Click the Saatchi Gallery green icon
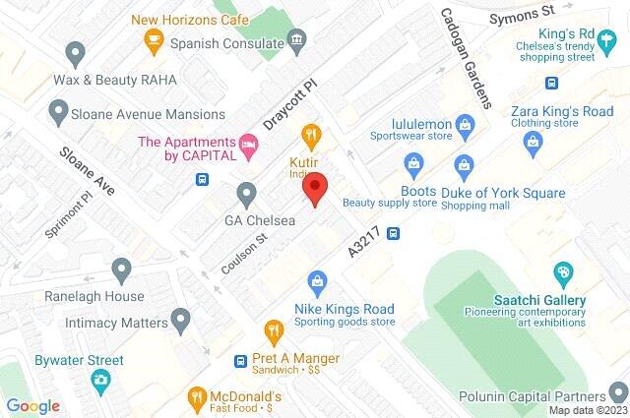tap(562, 272)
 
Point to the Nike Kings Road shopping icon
tap(317, 282)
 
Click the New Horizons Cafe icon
tap(153, 39)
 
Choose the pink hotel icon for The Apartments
tap(250, 148)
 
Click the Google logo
tap(33, 405)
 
